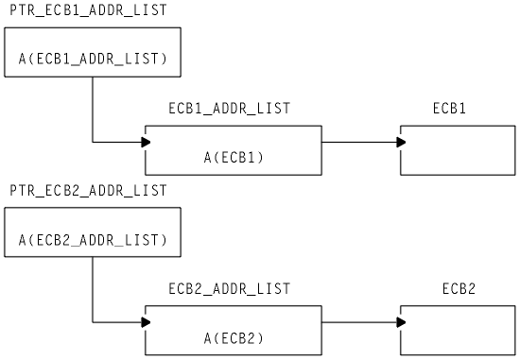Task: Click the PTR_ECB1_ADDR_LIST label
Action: click(x=88, y=9)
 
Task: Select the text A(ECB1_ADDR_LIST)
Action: click(x=93, y=60)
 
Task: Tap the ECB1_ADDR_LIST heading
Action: click(x=229, y=109)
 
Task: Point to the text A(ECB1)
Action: click(x=234, y=158)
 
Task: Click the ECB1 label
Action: click(x=449, y=109)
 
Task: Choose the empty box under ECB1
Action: click(x=459, y=150)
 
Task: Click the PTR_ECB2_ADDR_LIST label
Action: click(x=88, y=190)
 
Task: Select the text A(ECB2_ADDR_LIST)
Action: click(x=93, y=241)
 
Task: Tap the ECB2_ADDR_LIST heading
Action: click(x=229, y=288)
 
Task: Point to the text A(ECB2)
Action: click(x=234, y=337)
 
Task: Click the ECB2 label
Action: click(x=459, y=288)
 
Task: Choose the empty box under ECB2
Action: click(x=459, y=330)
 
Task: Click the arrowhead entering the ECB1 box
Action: click(x=401, y=142)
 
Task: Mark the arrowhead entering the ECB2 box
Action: click(x=401, y=322)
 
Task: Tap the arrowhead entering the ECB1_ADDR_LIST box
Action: click(x=146, y=142)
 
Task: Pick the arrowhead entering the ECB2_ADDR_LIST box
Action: click(x=146, y=322)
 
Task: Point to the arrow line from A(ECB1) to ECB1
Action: click(x=359, y=142)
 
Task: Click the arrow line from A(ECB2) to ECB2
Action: click(x=359, y=322)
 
